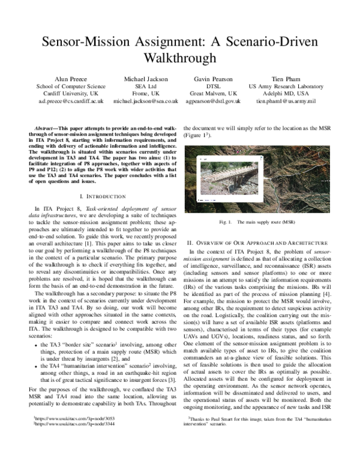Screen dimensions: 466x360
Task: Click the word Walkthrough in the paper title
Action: click(179, 58)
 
